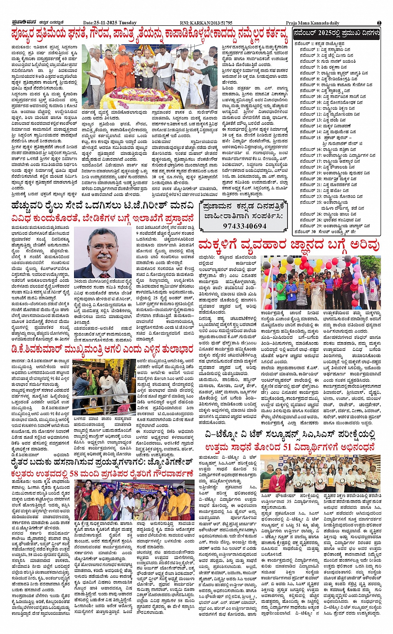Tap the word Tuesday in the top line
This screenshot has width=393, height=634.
pos(128,22)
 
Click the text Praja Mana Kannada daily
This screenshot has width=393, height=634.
pos(312,23)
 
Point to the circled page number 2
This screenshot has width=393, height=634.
pos(379,22)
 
